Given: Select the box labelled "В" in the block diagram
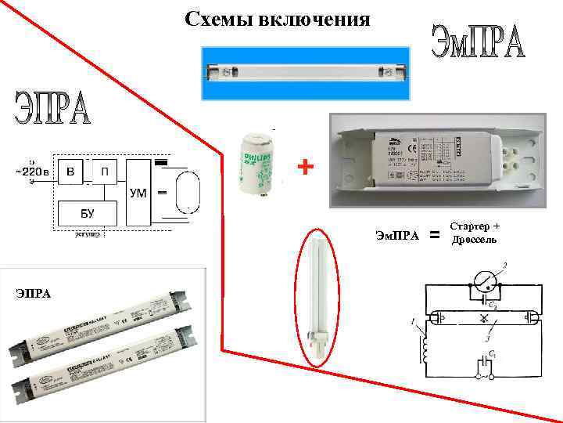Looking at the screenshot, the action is tap(70, 171).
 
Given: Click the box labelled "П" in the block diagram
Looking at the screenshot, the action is tap(104, 171).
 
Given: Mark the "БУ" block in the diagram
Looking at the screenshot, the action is tap(87, 211).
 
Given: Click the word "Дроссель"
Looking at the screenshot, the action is tap(473, 239).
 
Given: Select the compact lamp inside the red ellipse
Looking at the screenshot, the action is tap(320, 297).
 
